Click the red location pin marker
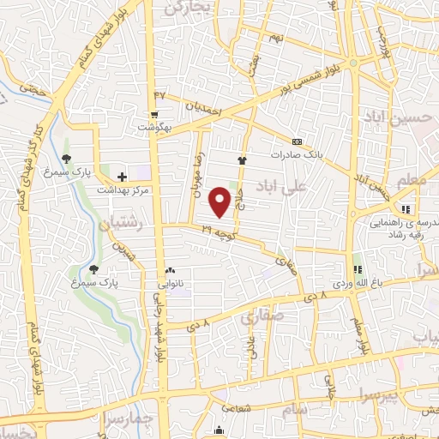click(x=221, y=201)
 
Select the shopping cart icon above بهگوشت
click(x=154, y=114)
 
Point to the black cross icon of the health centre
click(x=122, y=176)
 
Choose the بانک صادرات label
click(x=295, y=155)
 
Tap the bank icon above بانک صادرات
click(x=297, y=141)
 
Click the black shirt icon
click(x=242, y=159)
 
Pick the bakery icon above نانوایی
click(x=169, y=269)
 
